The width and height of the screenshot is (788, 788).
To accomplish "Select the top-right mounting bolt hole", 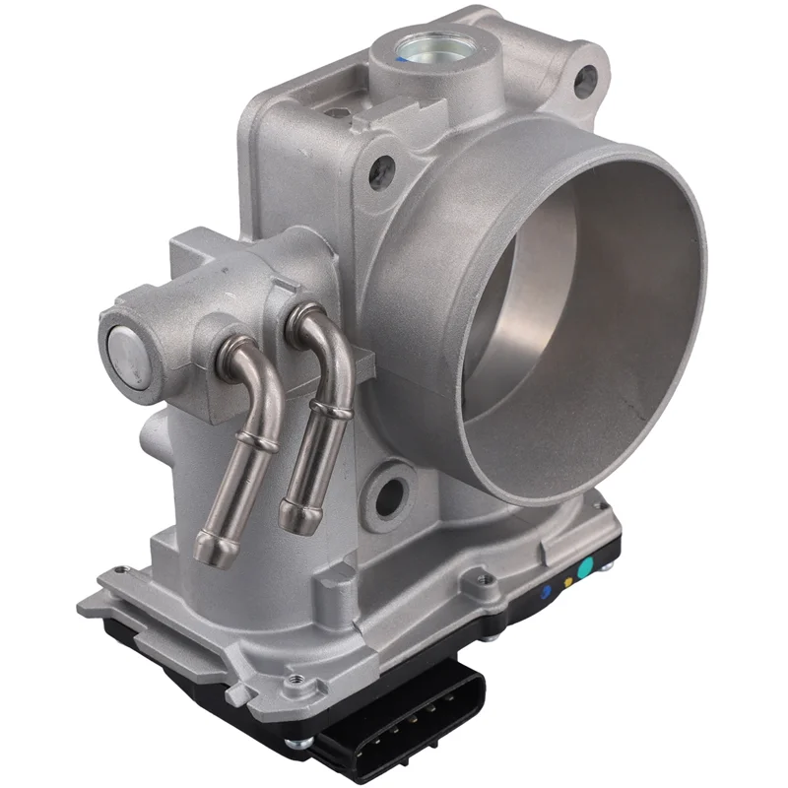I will (587, 73).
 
